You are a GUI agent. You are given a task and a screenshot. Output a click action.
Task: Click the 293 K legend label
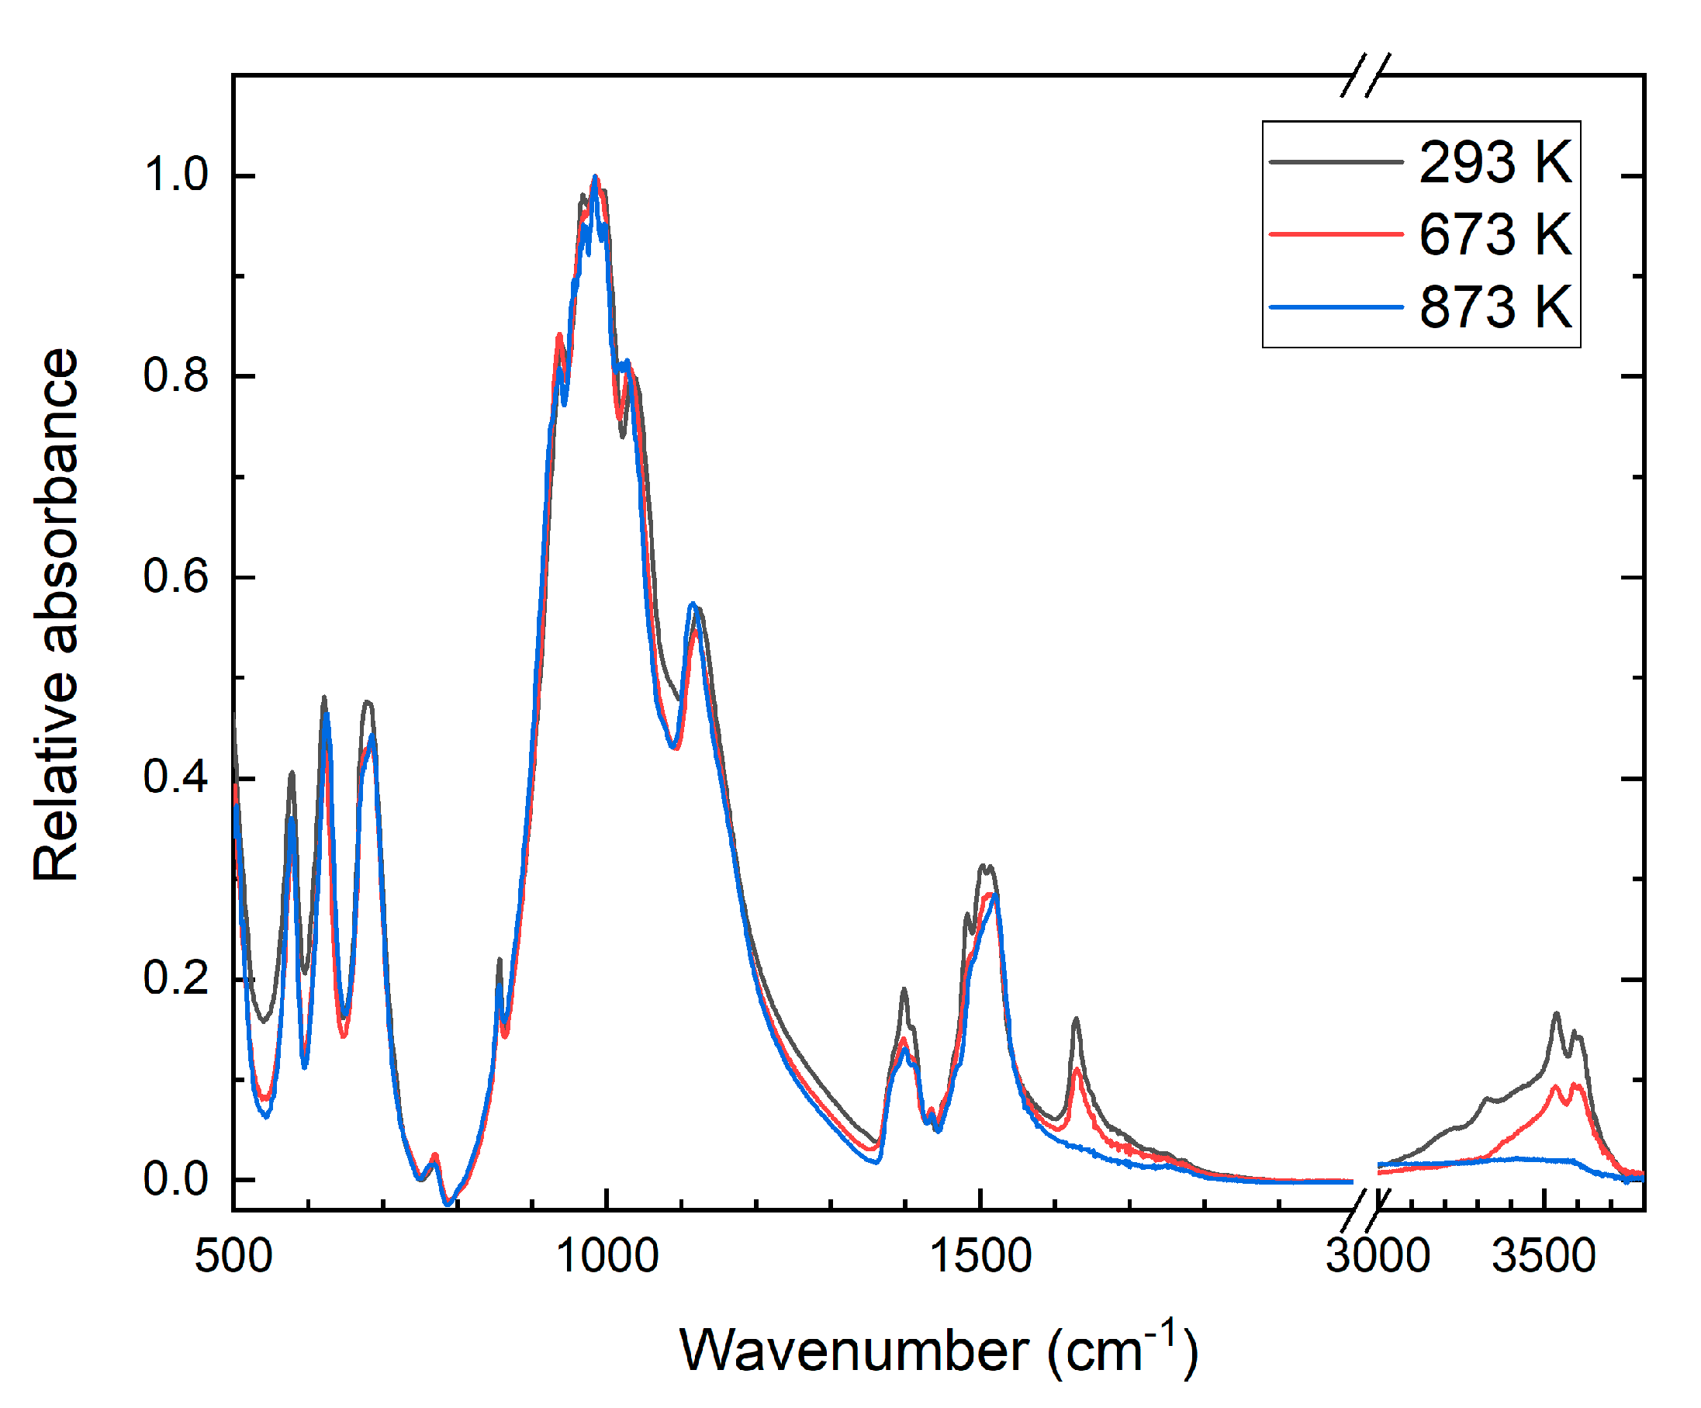(x=1495, y=163)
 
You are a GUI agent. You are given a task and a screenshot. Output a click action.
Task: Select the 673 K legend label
(x=1495, y=235)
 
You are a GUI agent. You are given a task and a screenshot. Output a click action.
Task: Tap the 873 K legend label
(x=1495, y=307)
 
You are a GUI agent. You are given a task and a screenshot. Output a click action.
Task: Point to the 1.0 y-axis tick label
(x=176, y=175)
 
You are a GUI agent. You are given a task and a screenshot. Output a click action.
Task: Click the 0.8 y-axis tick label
(x=176, y=375)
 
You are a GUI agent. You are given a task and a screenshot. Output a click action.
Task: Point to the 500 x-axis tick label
(x=233, y=1257)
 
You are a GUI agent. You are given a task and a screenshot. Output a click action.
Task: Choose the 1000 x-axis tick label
(x=607, y=1257)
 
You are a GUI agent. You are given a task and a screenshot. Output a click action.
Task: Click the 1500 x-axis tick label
(x=980, y=1257)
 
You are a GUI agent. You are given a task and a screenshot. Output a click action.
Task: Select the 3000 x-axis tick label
(x=1378, y=1257)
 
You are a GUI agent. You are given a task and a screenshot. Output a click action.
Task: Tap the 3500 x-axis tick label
(x=1544, y=1257)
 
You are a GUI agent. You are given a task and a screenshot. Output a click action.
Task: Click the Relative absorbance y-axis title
(x=57, y=616)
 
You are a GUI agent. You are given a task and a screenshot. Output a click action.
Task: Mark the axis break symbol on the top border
(x=1366, y=75)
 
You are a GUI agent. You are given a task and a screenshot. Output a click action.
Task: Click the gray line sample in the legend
(x=1336, y=162)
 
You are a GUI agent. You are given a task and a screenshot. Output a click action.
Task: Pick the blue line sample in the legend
(x=1336, y=307)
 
